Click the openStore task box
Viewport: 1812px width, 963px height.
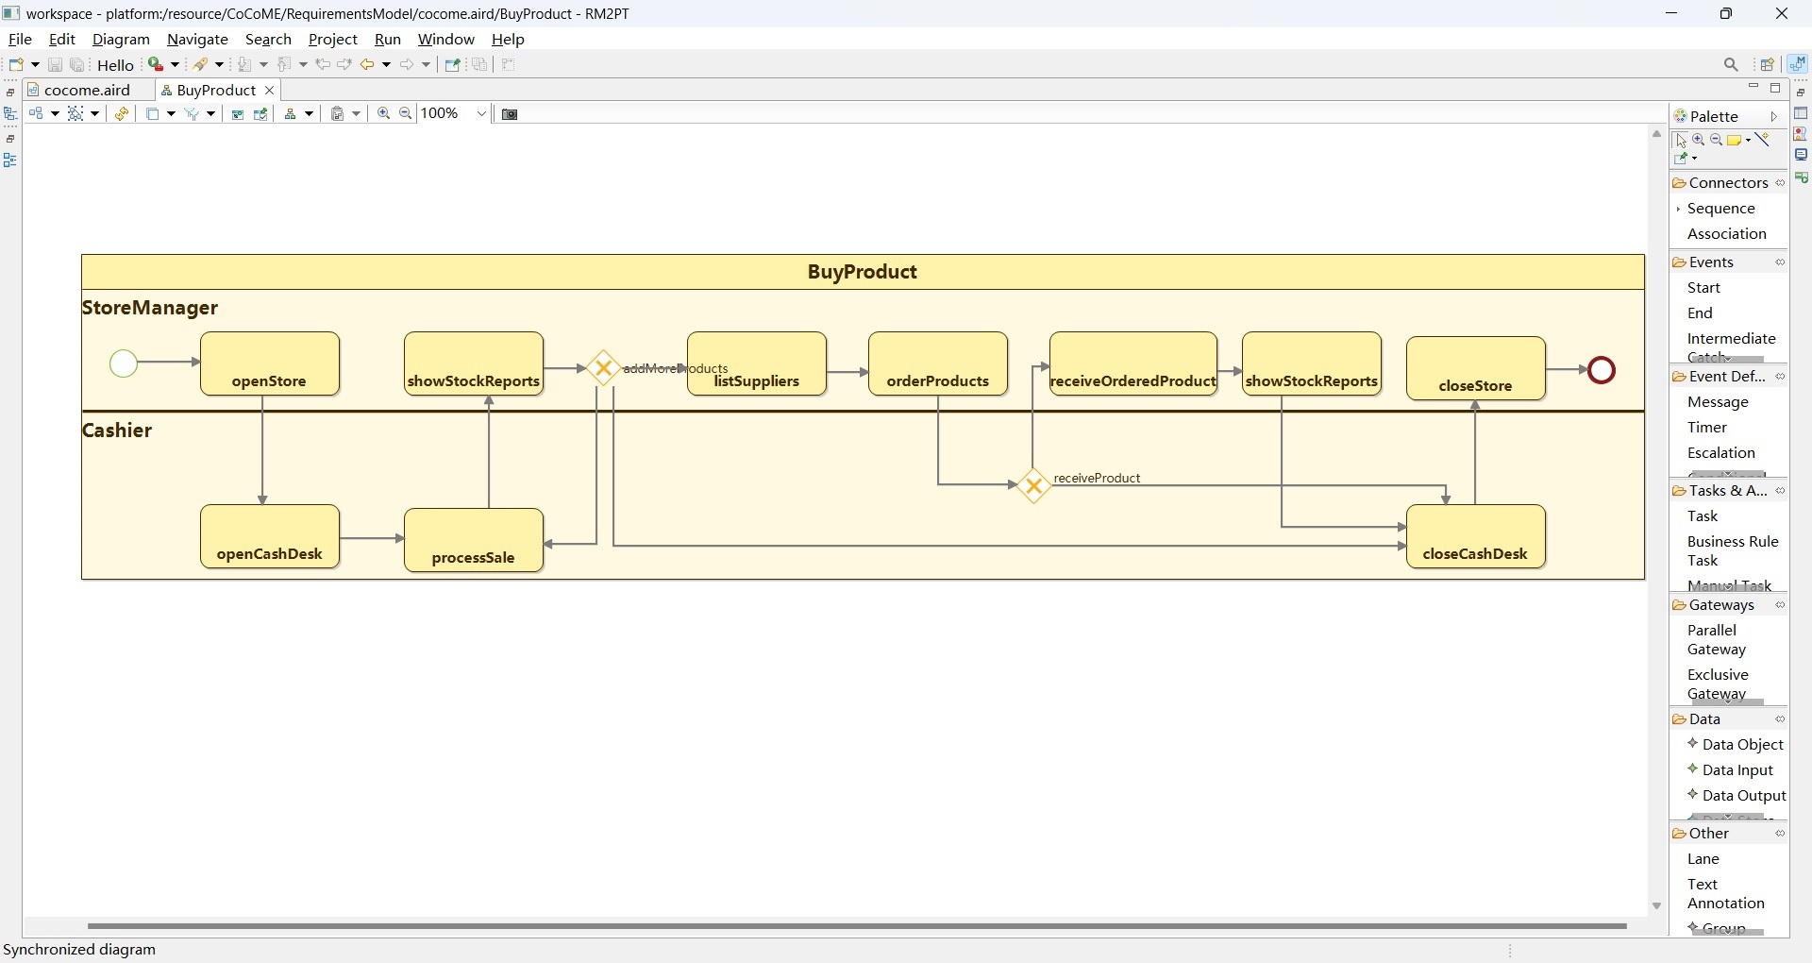[270, 363]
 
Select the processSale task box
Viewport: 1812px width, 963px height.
[474, 540]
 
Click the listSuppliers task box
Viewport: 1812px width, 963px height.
[757, 363]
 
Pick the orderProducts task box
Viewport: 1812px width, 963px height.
[938, 363]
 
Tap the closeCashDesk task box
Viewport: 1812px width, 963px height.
[1476, 536]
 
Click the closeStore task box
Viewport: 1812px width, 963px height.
[1476, 368]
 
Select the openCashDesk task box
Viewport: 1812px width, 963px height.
[270, 536]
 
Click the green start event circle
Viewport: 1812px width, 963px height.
[124, 363]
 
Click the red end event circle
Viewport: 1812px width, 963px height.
[1602, 370]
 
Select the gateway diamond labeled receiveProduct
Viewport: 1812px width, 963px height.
[1034, 486]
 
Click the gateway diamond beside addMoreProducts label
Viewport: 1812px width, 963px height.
[603, 368]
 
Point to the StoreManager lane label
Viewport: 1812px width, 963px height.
[151, 309]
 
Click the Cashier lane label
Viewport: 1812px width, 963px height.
[118, 431]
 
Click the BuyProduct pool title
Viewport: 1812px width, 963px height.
[862, 273]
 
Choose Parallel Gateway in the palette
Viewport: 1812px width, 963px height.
[1716, 640]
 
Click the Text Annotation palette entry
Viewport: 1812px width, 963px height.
[1725, 894]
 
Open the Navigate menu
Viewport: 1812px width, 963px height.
[197, 40]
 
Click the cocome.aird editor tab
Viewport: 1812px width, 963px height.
[88, 91]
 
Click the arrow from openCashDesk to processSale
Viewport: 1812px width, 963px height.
[372, 538]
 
